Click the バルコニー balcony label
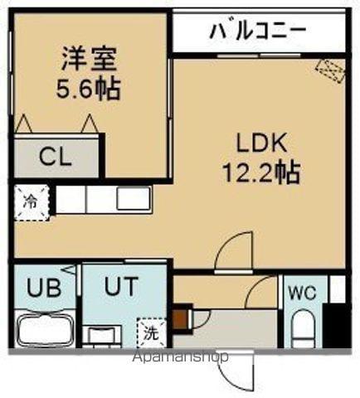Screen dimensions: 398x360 coord(257,31)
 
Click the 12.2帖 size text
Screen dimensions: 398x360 coord(258,173)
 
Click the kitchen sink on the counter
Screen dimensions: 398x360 coord(133,199)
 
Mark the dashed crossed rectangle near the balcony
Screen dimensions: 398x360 coord(328,72)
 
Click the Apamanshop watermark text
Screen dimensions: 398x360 coord(178,358)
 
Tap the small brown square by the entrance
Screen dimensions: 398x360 coord(179,318)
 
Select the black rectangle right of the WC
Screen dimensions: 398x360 coord(335,326)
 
